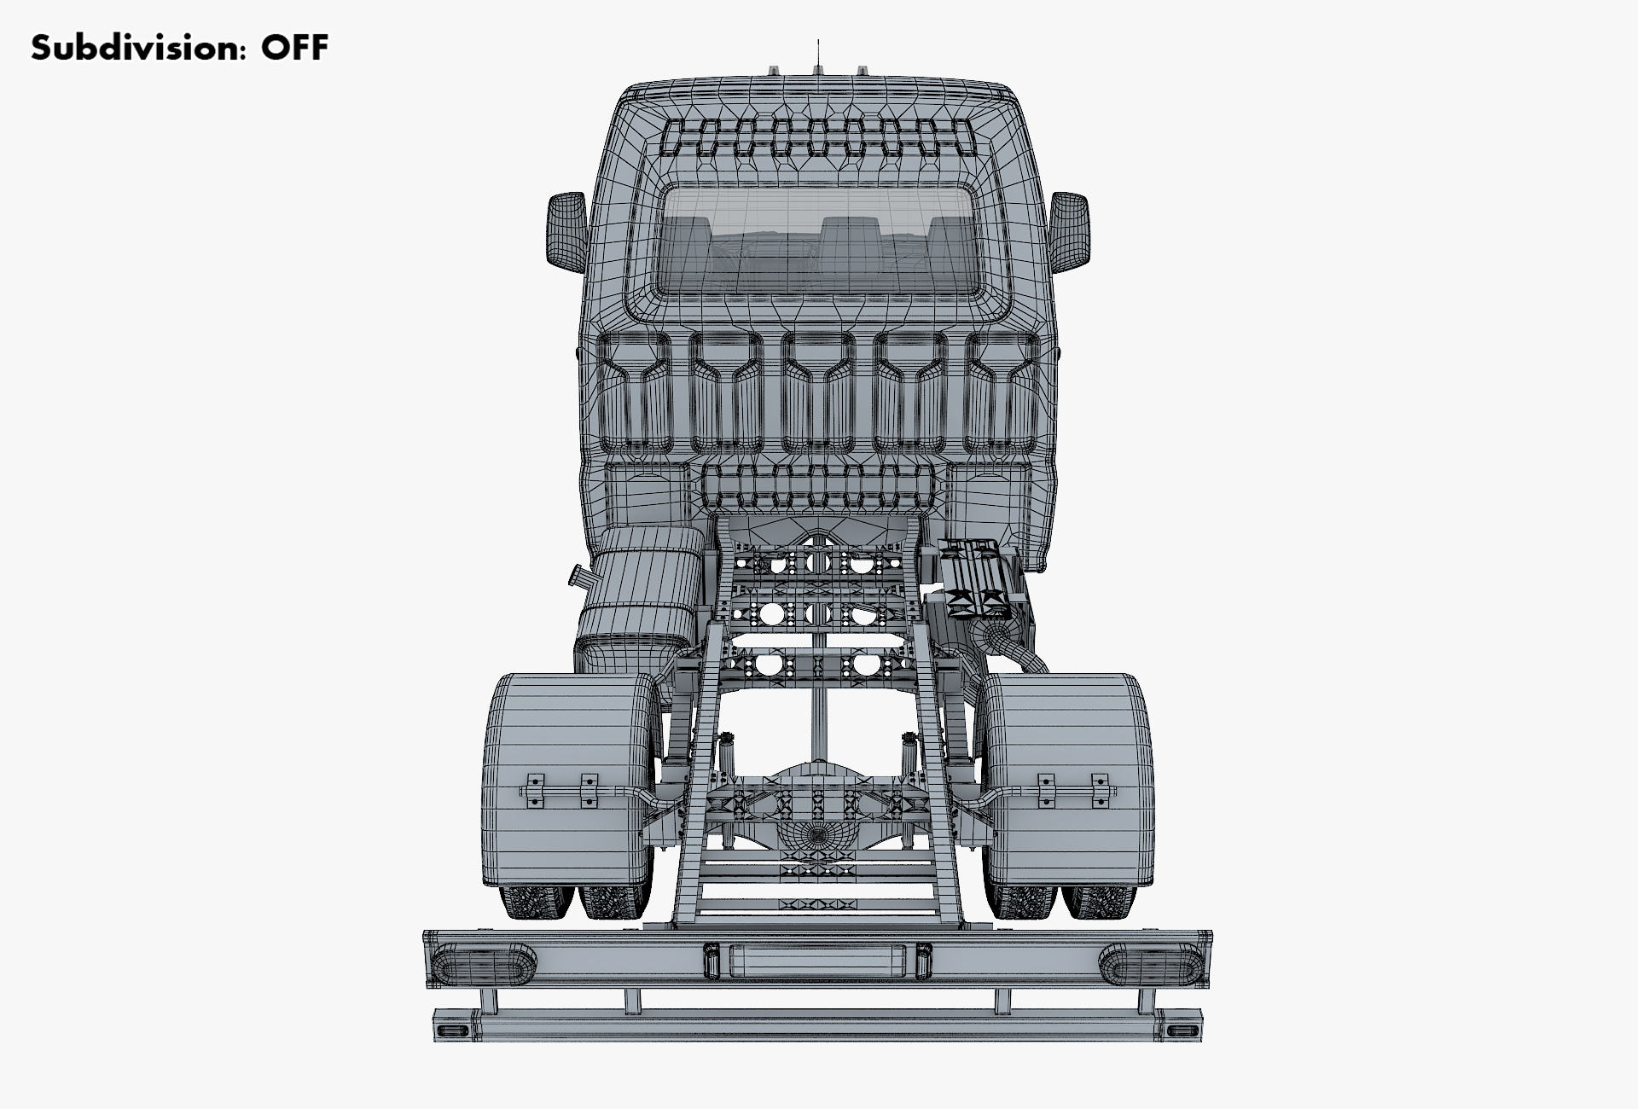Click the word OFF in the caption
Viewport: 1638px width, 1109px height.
294,48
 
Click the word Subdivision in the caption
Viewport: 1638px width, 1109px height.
135,48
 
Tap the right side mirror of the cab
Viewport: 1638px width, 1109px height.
1069,231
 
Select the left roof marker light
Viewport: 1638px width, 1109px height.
775,69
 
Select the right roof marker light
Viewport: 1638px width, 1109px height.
863,69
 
